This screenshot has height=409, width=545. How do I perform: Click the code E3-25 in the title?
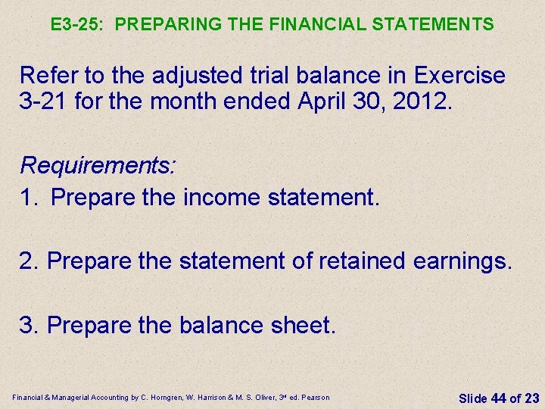[x=76, y=24]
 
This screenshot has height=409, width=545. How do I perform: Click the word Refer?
[x=45, y=76]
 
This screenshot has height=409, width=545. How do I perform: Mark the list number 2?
[x=27, y=261]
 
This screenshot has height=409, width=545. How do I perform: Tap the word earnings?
[x=463, y=262]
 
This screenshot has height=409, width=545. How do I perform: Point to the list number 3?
[x=27, y=325]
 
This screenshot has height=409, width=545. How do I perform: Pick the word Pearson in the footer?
[x=315, y=397]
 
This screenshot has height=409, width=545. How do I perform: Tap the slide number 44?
[x=498, y=397]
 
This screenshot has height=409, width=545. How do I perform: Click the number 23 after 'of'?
[x=531, y=397]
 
